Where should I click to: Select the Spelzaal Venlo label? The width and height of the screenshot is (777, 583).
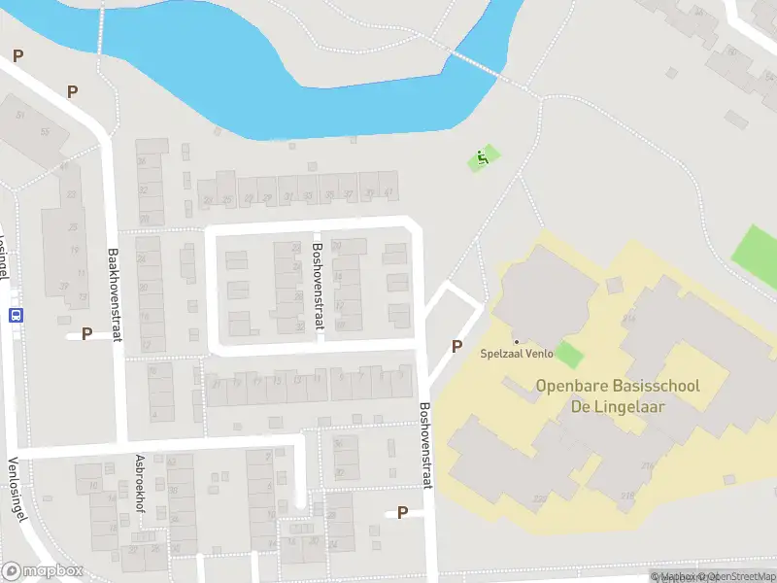pyautogui.click(x=517, y=354)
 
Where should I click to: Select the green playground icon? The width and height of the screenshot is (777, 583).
pyautogui.click(x=482, y=157)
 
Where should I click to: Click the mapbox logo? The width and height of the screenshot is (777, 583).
pyautogui.click(x=43, y=570)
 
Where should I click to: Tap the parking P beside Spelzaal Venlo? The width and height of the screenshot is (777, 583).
pyautogui.click(x=457, y=346)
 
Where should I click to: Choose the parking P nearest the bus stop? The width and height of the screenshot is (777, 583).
pyautogui.click(x=86, y=333)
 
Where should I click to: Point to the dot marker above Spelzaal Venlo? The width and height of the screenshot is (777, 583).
pyautogui.click(x=517, y=341)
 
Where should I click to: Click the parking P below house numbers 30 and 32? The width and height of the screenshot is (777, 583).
pyautogui.click(x=402, y=512)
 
